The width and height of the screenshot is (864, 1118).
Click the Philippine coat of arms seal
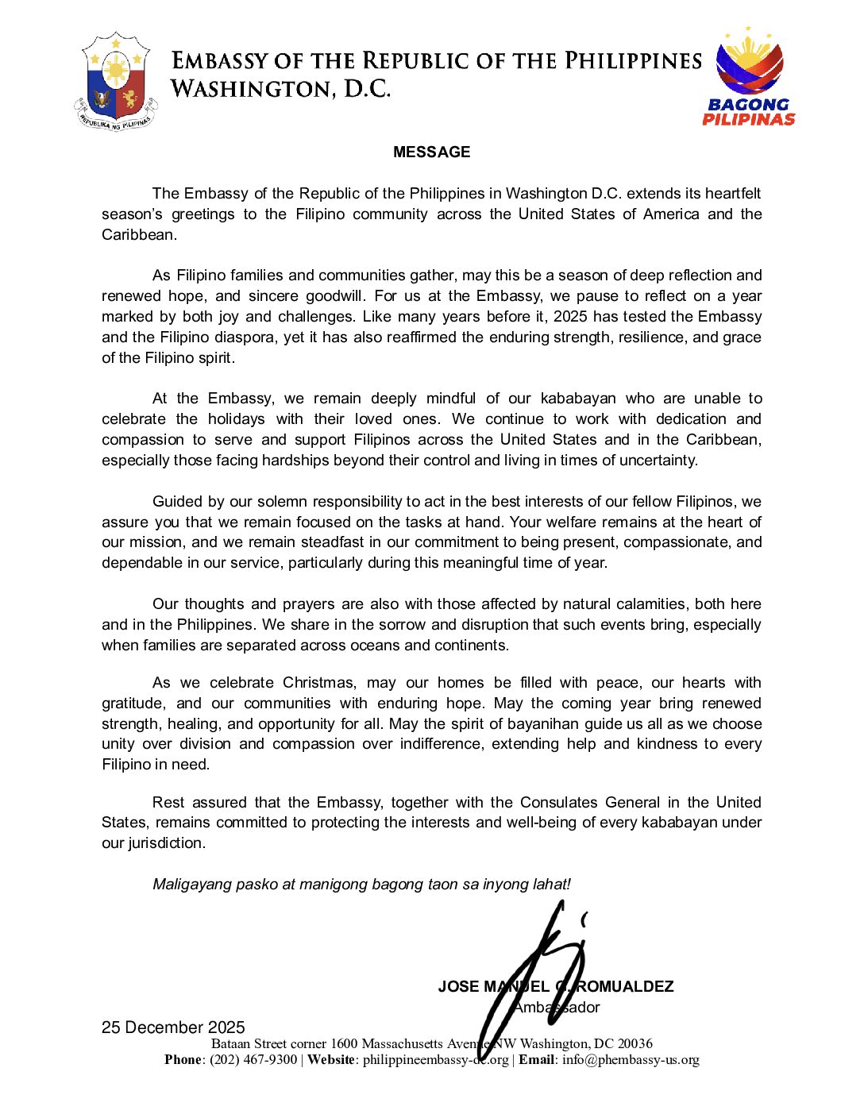115,82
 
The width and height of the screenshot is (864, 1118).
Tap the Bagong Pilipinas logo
749,77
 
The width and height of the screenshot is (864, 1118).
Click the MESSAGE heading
431,152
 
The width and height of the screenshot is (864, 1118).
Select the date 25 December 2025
173,1027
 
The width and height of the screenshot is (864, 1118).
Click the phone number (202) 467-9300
253,1060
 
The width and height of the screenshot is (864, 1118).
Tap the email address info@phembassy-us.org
631,1060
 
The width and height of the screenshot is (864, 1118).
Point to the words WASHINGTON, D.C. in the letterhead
281,88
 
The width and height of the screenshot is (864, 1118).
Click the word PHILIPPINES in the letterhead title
633,61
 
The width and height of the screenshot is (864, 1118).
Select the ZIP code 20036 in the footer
635,1043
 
